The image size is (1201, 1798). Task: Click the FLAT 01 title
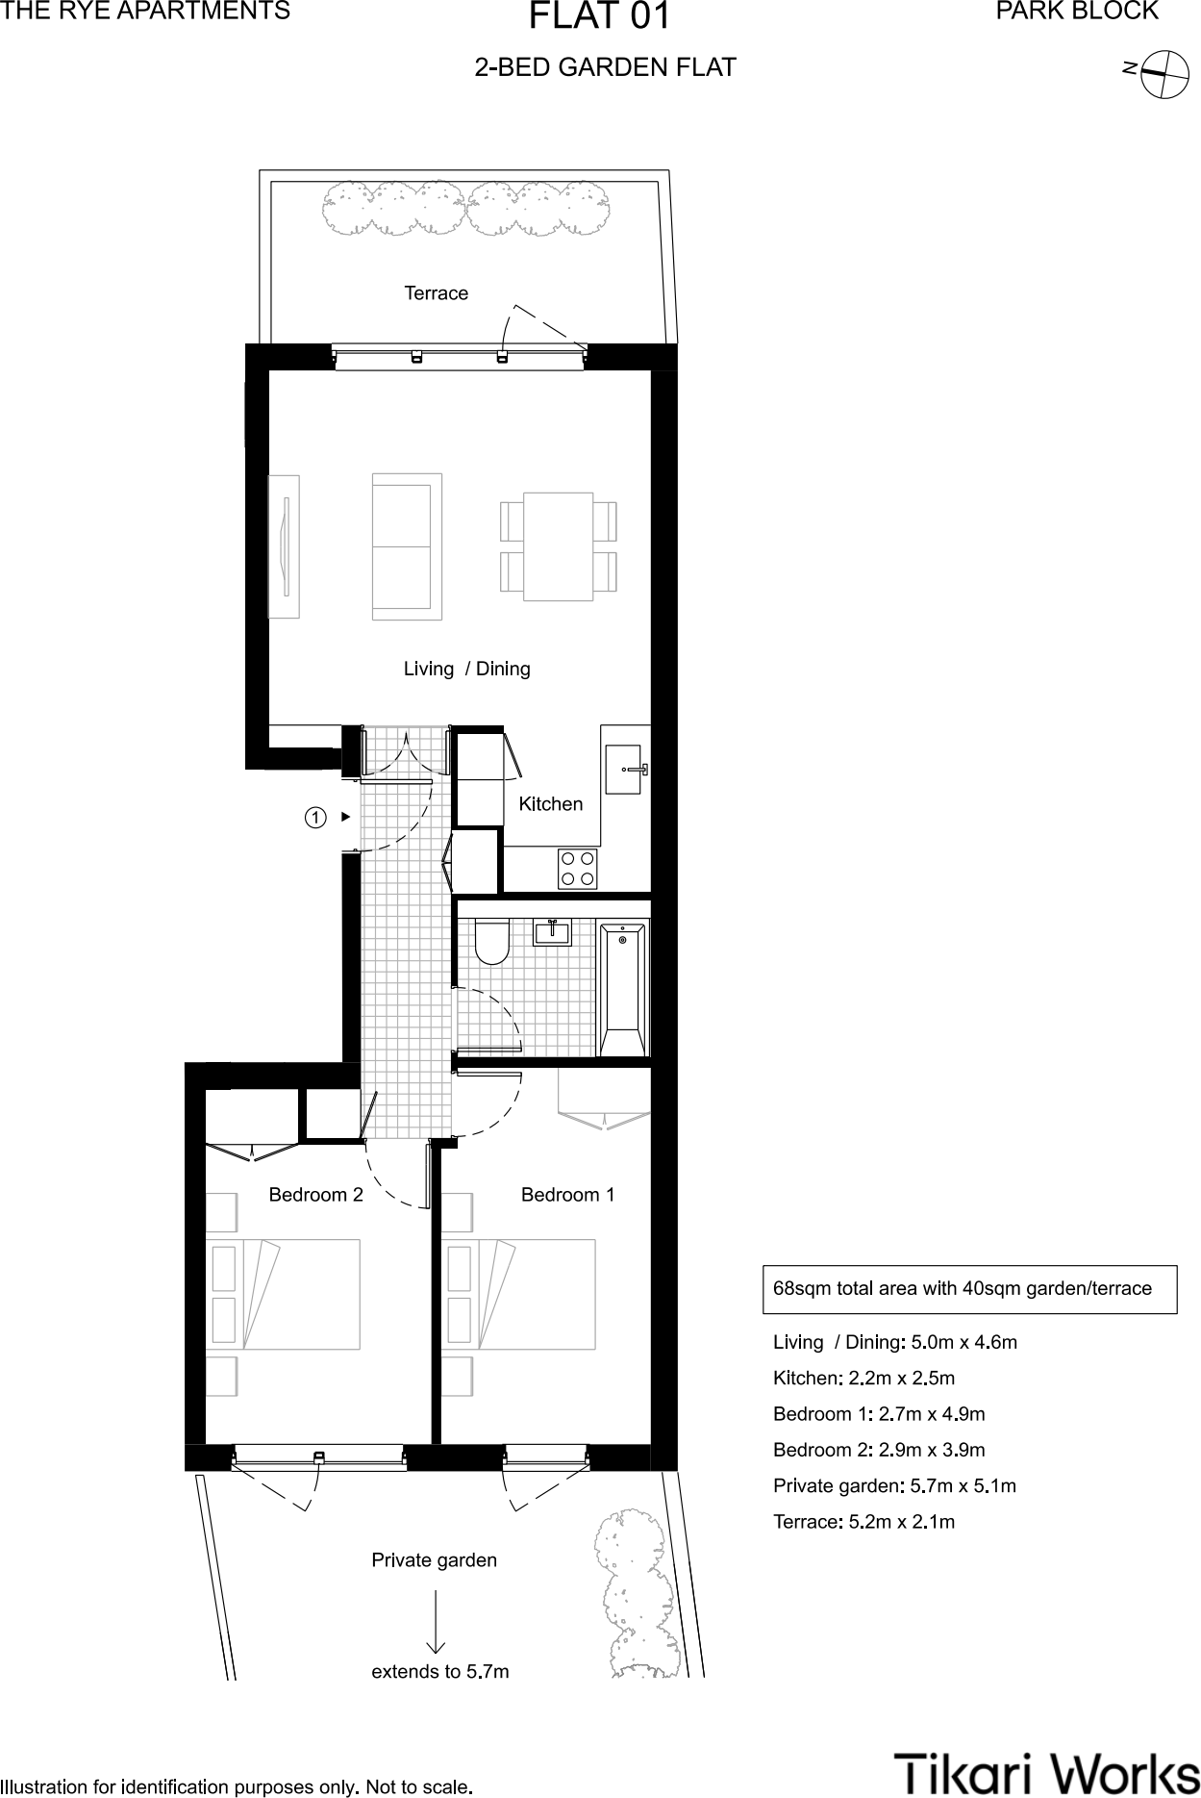tap(600, 17)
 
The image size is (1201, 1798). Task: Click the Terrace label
tap(436, 293)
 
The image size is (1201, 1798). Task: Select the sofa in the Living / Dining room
tap(406, 546)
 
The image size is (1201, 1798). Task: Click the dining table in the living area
tap(558, 546)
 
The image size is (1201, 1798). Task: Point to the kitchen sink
tap(623, 770)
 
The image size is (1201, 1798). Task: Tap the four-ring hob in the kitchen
tap(578, 869)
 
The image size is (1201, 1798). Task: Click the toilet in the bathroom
tap(492, 942)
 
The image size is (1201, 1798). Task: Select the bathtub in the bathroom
tap(622, 988)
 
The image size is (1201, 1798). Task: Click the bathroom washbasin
tap(553, 932)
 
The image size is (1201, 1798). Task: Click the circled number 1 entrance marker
tap(314, 818)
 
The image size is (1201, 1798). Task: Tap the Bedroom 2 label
tap(315, 1195)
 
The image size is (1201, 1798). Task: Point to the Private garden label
tap(434, 1560)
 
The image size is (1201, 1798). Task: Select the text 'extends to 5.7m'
tap(439, 1672)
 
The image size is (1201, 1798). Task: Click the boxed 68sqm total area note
tap(969, 1289)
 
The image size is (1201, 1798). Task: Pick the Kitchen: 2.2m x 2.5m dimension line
tap(863, 1378)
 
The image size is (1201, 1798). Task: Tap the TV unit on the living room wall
tap(284, 546)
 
